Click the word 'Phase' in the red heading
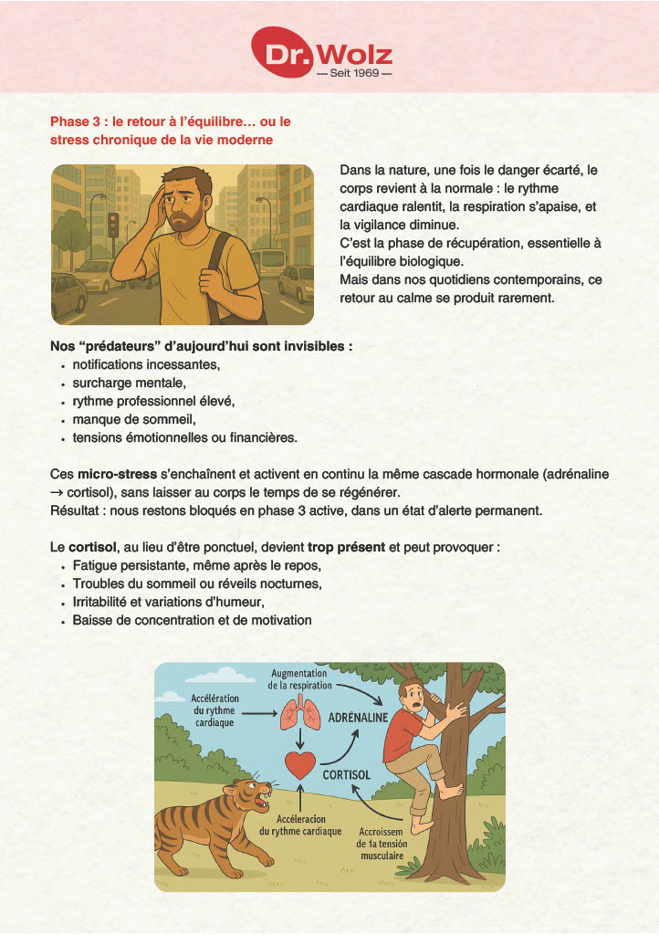(69, 121)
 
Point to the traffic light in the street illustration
(113, 224)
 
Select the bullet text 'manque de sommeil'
(134, 420)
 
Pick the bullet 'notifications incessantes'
(146, 365)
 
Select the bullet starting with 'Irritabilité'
(168, 603)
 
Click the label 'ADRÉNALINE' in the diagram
(360, 718)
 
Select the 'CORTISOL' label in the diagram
(347, 774)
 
